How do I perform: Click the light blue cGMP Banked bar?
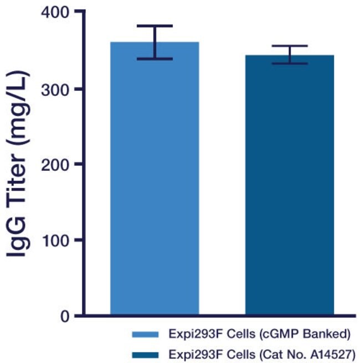155,177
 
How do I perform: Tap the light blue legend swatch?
146,334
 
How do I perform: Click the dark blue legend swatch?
146,353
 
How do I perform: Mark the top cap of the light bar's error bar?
155,25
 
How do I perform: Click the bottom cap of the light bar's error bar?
155,59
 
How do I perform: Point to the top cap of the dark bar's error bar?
290,46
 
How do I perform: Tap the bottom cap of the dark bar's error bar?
290,64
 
